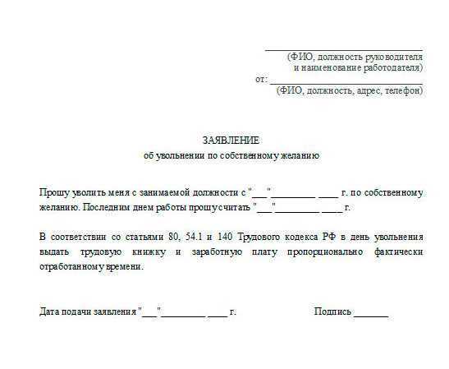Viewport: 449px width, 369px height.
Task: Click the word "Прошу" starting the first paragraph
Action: pyautogui.click(x=53, y=192)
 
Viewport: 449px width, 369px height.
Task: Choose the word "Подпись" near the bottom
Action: pyautogui.click(x=332, y=312)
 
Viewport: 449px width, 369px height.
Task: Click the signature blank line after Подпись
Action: pyautogui.click(x=371, y=315)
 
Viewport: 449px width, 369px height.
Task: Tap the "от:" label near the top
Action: pyautogui.click(x=261, y=79)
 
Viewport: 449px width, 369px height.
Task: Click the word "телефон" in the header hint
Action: pyautogui.click(x=403, y=90)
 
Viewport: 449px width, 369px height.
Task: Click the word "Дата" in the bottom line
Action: pyautogui.click(x=49, y=312)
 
